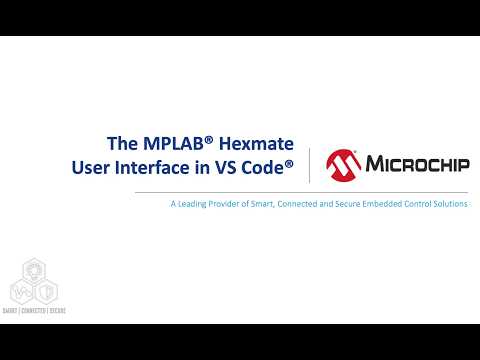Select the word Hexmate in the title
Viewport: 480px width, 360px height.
point(259,141)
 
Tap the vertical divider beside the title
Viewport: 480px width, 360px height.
point(309,165)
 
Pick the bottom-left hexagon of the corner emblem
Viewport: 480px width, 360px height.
point(20,292)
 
